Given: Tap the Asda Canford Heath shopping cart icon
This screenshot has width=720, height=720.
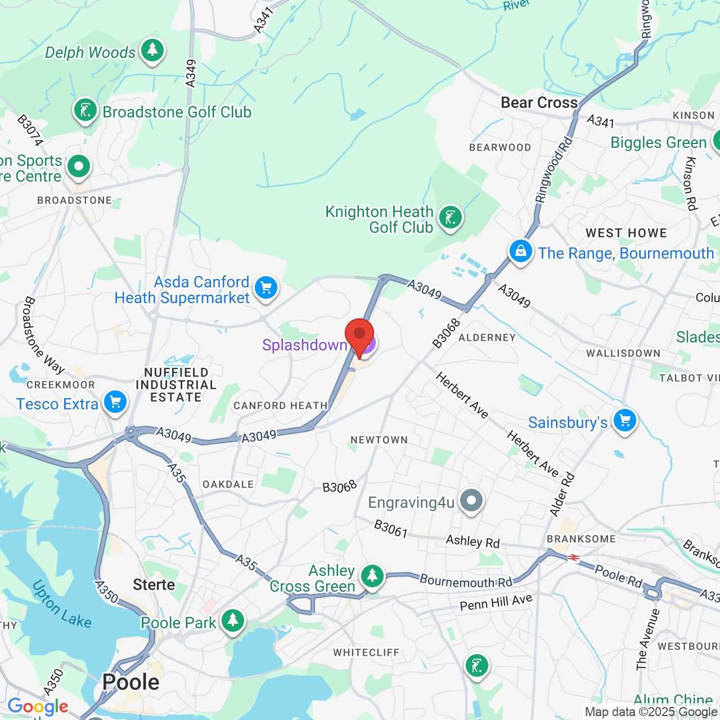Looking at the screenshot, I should [265, 288].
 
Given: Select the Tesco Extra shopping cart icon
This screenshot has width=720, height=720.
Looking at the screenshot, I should [115, 402].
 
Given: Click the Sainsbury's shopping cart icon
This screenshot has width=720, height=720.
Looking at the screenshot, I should [624, 420].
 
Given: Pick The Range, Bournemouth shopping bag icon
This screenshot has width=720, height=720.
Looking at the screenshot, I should [521, 251].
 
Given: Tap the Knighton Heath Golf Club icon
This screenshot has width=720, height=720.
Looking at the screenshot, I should [450, 217].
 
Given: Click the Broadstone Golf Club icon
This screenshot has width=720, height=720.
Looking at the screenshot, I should [85, 110].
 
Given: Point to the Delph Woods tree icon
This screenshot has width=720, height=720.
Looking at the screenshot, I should [152, 51].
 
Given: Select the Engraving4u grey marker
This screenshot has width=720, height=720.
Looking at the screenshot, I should [471, 500].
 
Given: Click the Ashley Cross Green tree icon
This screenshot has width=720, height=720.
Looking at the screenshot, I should [372, 575].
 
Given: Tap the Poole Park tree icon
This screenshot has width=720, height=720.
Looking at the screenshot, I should [232, 621].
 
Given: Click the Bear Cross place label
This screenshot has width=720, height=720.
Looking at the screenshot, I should [539, 102].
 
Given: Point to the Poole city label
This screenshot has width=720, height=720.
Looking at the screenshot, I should [131, 682].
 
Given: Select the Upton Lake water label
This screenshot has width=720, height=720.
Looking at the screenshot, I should [62, 605].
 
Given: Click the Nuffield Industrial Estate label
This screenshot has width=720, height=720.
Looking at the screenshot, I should [176, 385].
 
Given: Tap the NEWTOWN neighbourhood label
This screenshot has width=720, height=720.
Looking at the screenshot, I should [379, 440].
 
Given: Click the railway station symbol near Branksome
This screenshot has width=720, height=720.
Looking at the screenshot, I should [574, 557].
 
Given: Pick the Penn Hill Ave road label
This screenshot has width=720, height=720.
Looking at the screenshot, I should [496, 602].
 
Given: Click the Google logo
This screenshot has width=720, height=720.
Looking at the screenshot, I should [38, 706].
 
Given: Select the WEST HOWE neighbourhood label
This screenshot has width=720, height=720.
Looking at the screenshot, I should [626, 233].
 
